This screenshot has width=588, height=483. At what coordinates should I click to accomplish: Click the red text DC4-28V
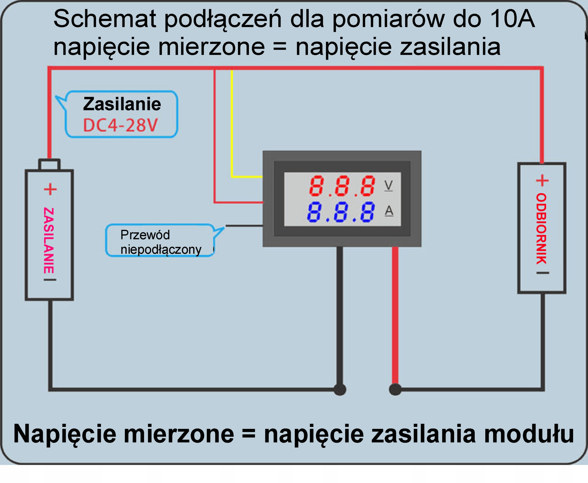click(x=120, y=125)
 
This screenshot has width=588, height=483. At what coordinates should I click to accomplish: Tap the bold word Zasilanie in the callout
click(x=122, y=104)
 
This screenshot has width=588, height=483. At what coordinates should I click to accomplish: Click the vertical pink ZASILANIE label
click(x=49, y=240)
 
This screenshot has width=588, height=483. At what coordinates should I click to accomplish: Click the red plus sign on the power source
click(x=50, y=189)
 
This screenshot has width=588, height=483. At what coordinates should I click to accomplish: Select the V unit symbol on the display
click(x=388, y=186)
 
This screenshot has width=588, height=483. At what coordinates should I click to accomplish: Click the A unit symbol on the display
click(x=389, y=211)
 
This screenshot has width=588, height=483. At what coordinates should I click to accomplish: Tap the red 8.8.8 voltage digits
click(x=342, y=186)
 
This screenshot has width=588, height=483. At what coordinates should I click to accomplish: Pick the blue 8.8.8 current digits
click(x=341, y=212)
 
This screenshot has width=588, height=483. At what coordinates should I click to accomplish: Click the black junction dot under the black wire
click(x=340, y=389)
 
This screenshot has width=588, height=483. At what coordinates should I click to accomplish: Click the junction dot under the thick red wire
click(x=395, y=389)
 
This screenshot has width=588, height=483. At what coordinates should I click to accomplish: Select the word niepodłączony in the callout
click(x=161, y=249)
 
